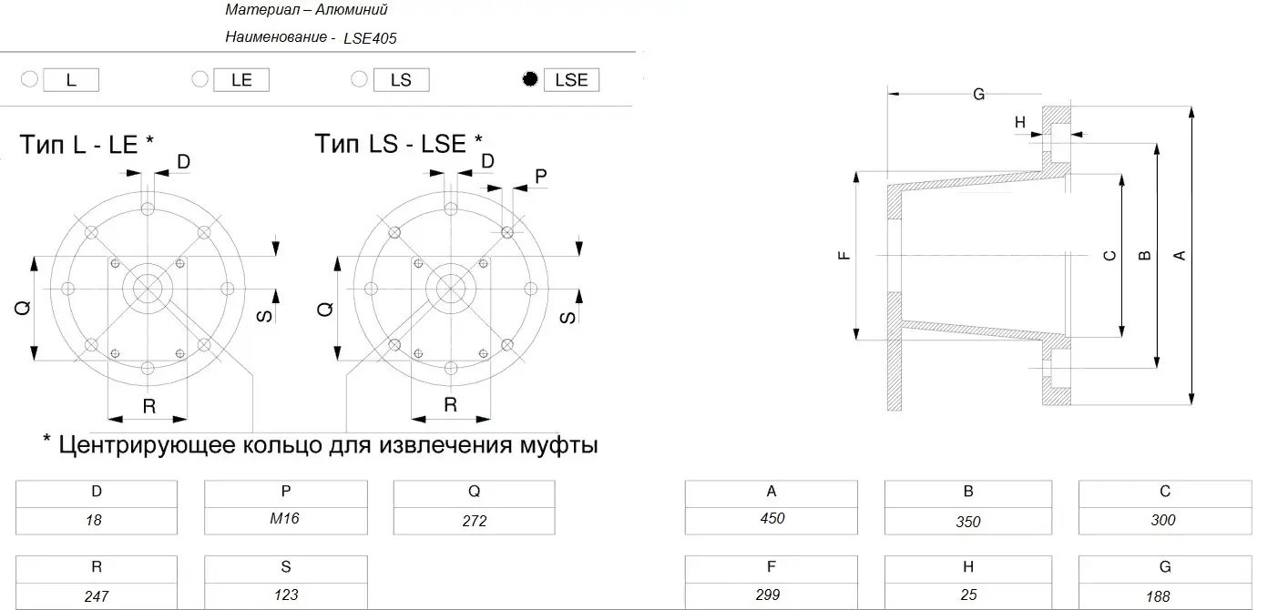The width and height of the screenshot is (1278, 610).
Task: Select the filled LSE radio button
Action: (x=530, y=79)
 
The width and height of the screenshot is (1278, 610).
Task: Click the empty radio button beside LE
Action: (x=199, y=78)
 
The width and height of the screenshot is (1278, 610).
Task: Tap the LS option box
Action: (x=401, y=80)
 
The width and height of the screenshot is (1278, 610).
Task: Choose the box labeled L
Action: (x=71, y=80)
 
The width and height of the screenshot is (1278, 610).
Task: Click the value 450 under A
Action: (x=772, y=518)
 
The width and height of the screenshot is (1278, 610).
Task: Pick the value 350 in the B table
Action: (x=968, y=522)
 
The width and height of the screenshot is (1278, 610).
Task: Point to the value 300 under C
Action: (x=1163, y=520)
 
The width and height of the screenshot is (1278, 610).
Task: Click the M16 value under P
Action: (x=285, y=518)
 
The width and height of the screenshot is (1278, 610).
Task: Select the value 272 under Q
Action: (x=475, y=521)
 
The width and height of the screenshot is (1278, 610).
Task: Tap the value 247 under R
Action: (x=97, y=596)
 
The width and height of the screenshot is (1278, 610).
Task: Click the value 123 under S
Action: (x=286, y=595)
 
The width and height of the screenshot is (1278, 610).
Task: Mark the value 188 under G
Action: (x=1158, y=596)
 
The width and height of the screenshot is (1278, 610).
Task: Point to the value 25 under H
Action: (x=969, y=595)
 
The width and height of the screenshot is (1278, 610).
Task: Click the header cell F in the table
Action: (x=772, y=566)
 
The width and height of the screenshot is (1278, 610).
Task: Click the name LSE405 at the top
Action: (x=370, y=38)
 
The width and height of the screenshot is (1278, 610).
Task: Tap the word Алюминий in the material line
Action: (x=351, y=9)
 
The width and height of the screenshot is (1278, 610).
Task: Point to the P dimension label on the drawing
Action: (x=541, y=176)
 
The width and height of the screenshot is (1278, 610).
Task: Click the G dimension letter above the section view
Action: (x=979, y=94)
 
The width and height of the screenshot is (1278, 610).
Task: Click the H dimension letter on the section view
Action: (x=1020, y=122)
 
